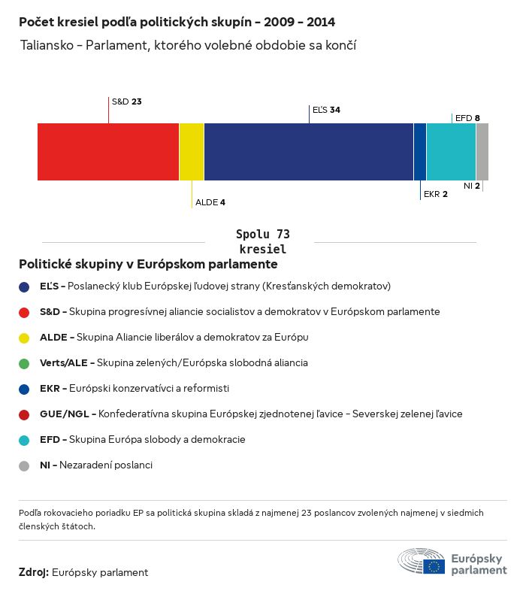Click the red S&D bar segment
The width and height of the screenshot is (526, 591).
[x=108, y=152]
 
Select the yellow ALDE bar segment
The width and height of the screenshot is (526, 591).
[x=192, y=152]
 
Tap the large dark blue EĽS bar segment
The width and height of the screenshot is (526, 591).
[x=308, y=152]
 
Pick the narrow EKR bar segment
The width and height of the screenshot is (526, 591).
[x=420, y=152]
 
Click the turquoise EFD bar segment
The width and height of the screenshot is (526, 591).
[x=451, y=152]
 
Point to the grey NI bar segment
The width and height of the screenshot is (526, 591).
[x=482, y=152]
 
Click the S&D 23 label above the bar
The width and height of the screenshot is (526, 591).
[x=126, y=101]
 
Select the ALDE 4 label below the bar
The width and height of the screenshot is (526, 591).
[x=210, y=202]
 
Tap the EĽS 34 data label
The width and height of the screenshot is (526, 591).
[x=326, y=110]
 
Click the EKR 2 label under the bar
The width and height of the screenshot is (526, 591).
[x=435, y=194]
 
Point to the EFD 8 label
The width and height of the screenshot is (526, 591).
[x=467, y=118]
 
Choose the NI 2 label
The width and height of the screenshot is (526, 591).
[x=471, y=185]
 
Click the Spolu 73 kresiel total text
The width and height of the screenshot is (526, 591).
[x=262, y=241]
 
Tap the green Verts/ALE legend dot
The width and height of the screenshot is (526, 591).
[x=24, y=363]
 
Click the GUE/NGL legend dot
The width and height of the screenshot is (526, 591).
[x=24, y=414]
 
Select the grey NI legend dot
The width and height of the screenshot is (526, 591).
[x=24, y=465]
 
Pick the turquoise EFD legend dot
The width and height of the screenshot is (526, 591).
[x=24, y=440]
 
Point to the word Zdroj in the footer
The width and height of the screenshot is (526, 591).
[x=34, y=573]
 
